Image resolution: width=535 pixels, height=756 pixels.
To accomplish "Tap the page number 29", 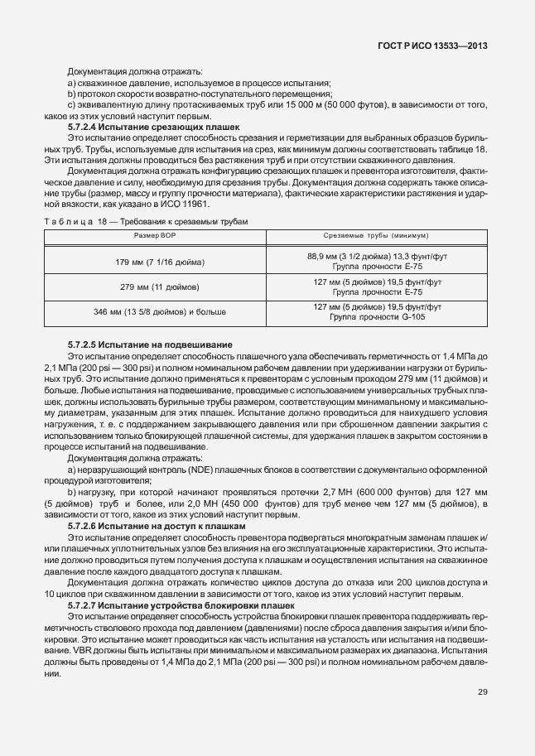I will (x=482, y=691).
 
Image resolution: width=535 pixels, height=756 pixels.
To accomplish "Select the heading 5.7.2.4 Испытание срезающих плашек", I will (x=153, y=127).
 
